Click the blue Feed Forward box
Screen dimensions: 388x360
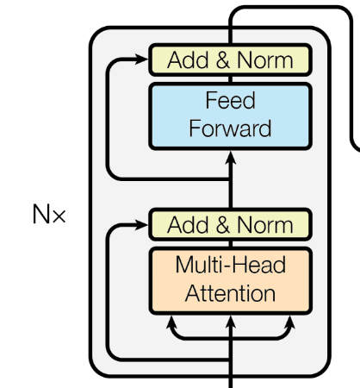point(230,116)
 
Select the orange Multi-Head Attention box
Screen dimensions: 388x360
point(230,279)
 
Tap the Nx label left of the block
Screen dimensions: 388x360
point(48,215)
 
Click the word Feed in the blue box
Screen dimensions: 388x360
point(230,101)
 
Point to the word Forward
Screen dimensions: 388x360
point(230,129)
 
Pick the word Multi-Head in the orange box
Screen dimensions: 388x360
point(230,265)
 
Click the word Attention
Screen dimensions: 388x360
point(230,293)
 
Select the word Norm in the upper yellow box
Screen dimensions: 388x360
point(266,61)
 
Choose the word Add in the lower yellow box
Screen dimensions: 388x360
point(188,225)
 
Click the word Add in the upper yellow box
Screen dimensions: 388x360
point(188,61)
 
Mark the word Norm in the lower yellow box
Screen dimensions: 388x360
point(266,225)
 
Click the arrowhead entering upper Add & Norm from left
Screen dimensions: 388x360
point(143,60)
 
